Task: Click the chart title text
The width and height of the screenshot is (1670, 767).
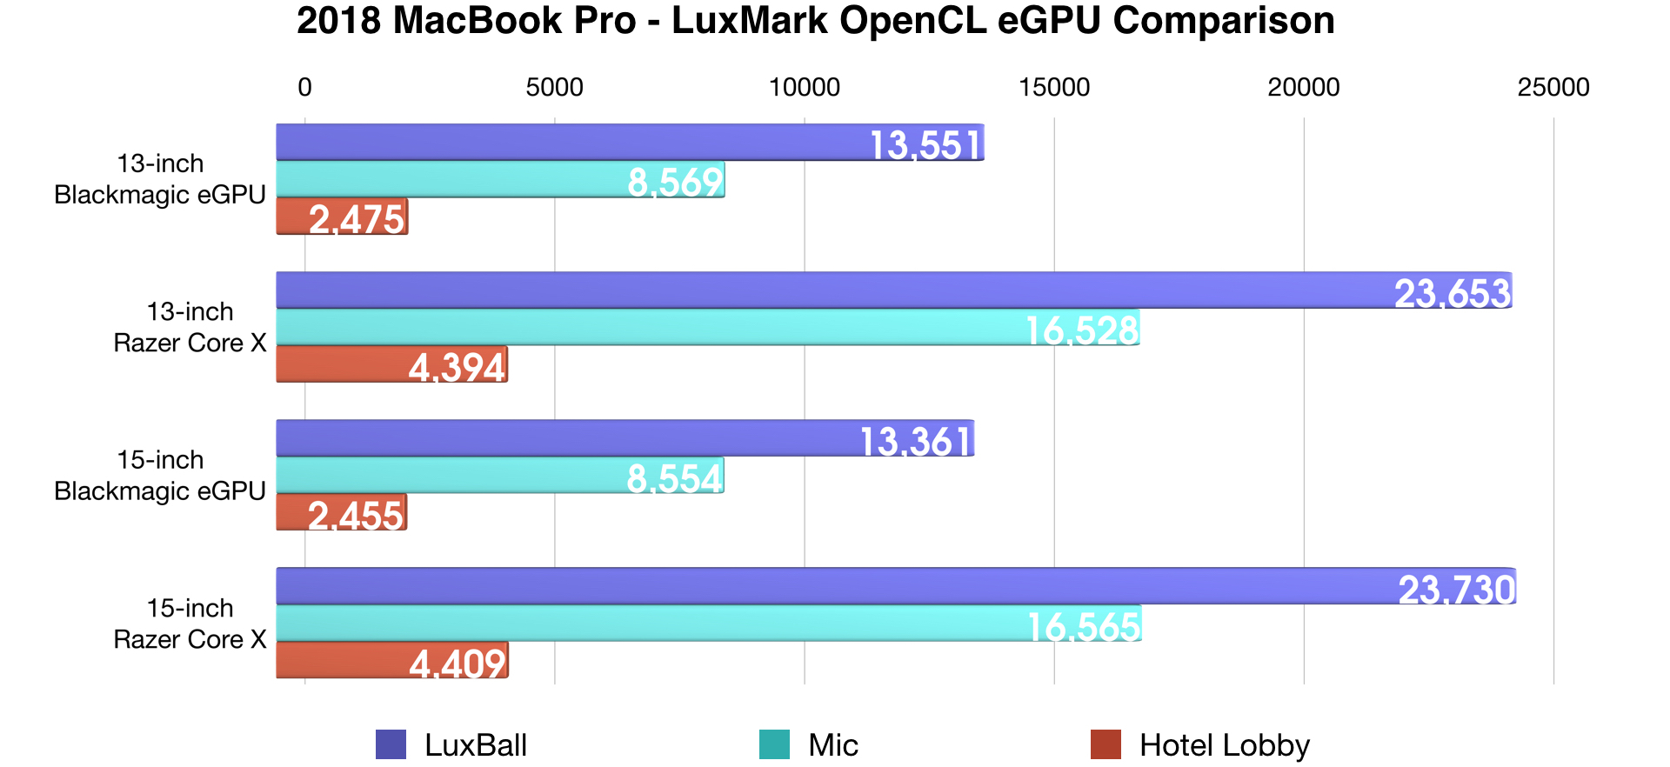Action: click(x=815, y=21)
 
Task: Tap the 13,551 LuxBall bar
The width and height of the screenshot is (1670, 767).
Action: click(x=630, y=143)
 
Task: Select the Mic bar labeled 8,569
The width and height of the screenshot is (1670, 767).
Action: click(x=500, y=180)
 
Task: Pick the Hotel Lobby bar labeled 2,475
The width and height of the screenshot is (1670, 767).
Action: click(x=342, y=217)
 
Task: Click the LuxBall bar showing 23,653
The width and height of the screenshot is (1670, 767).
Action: click(x=894, y=290)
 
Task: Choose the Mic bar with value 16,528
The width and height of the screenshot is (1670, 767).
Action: click(x=708, y=328)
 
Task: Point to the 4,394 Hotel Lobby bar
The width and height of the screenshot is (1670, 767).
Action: click(x=391, y=364)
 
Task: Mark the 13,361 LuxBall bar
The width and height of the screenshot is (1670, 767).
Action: click(x=625, y=438)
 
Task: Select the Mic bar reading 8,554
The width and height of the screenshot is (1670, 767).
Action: click(x=500, y=476)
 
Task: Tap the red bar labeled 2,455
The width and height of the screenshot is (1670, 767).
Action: click(x=341, y=512)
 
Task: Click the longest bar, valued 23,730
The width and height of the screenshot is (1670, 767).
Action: click(x=896, y=586)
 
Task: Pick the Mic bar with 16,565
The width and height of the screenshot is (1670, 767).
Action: click(x=709, y=624)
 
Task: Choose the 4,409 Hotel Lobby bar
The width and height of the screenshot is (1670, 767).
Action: click(x=392, y=660)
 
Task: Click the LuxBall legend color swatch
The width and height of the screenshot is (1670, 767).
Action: click(x=391, y=745)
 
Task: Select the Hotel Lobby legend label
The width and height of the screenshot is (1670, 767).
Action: click(x=1224, y=745)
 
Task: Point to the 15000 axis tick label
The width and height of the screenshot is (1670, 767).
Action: click(x=1054, y=87)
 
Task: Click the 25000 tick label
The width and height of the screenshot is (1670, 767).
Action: click(x=1553, y=87)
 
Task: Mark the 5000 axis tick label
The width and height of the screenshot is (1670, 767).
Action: click(x=554, y=87)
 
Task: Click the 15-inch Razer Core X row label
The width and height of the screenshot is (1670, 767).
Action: click(x=190, y=624)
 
